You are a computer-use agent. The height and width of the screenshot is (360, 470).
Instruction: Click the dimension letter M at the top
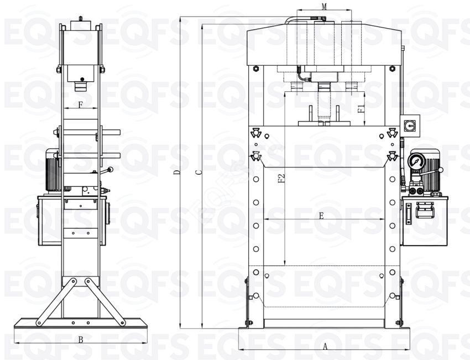324,6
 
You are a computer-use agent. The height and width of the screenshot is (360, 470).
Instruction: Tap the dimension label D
177,173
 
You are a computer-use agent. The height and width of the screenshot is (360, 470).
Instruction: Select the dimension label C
198,173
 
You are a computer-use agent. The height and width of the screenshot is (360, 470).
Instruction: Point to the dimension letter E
321,216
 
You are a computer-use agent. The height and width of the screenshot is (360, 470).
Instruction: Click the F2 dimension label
281,179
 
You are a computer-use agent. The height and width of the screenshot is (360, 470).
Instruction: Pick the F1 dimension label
361,109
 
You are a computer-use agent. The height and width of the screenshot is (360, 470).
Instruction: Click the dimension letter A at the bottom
325,347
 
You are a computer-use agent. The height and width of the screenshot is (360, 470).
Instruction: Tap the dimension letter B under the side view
81,340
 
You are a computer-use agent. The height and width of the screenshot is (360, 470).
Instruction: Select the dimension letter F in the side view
80,105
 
